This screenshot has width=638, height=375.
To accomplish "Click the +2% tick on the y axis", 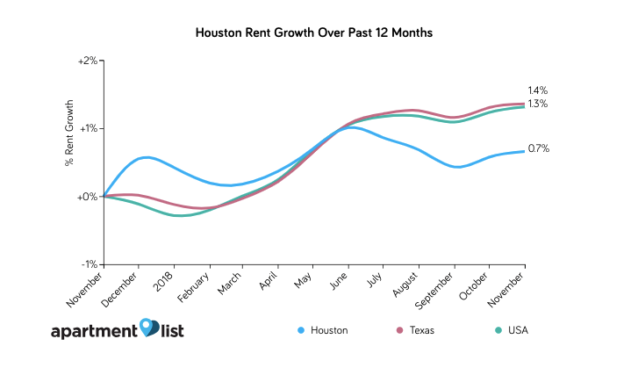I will [x=89, y=61].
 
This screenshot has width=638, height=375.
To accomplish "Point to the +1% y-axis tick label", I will [x=89, y=129].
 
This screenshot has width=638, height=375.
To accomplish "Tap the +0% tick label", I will [x=89, y=197].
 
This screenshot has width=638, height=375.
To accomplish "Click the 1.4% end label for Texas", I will [x=538, y=90].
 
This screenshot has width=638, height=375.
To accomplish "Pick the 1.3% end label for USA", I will [x=538, y=104].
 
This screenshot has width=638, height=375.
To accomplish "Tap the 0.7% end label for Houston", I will [x=538, y=149].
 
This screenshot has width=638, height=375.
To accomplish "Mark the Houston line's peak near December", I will [x=146, y=157].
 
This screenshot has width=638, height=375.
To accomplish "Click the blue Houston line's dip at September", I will [x=456, y=167].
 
